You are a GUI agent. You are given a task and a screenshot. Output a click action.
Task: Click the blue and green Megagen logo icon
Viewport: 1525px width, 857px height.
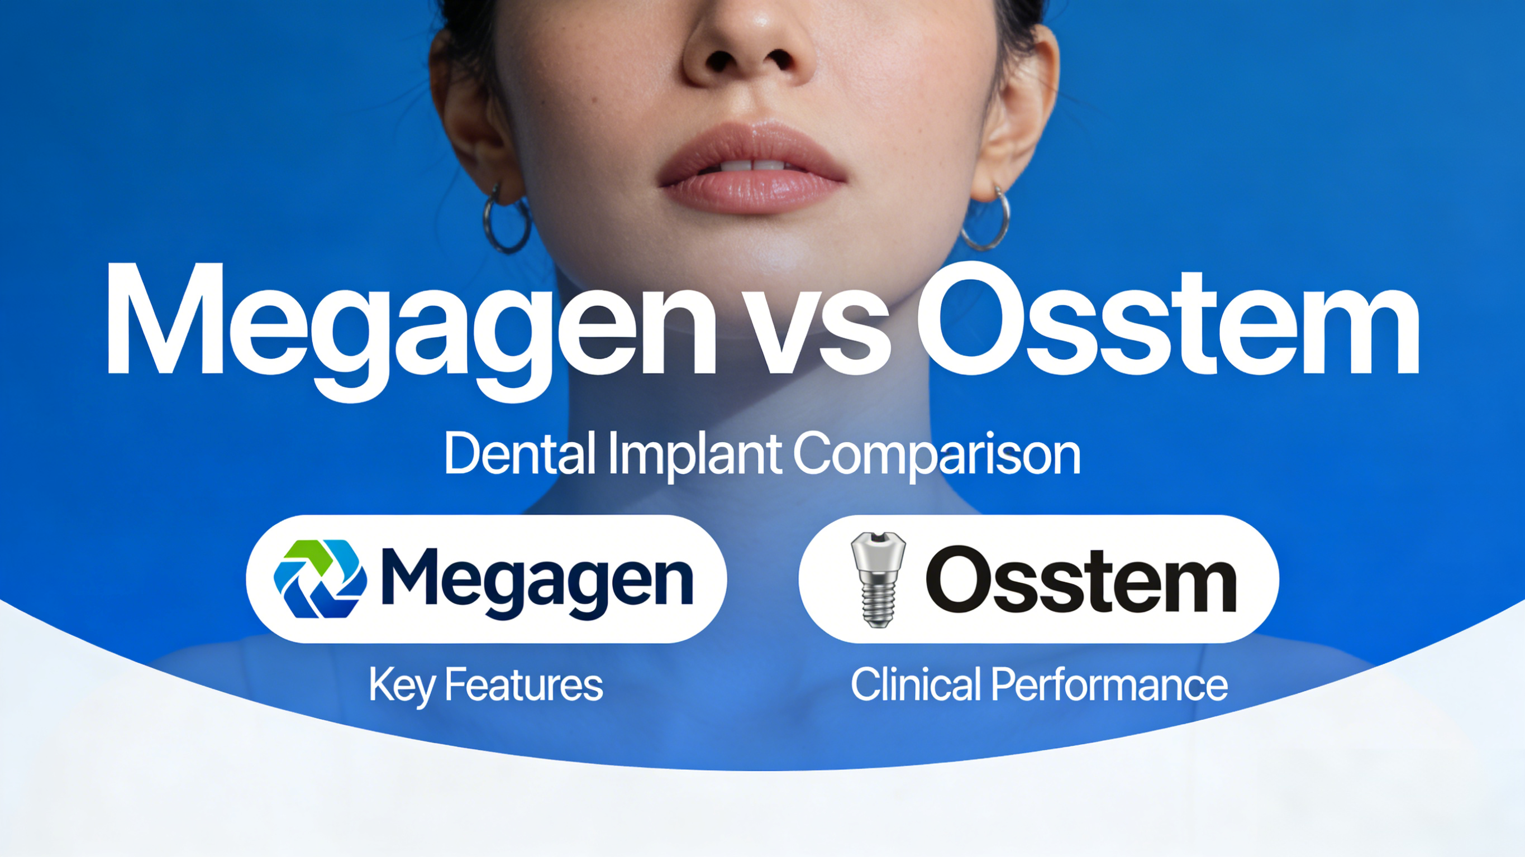tap(320, 579)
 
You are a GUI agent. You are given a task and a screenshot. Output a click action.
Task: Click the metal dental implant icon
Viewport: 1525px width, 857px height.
tap(878, 579)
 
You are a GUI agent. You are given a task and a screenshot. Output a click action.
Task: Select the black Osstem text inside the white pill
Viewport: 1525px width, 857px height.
tap(1081, 580)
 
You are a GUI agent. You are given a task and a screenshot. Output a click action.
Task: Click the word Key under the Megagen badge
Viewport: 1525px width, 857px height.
tap(402, 686)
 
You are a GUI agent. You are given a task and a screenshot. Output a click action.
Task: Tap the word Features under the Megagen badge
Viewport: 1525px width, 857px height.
tap(523, 686)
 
